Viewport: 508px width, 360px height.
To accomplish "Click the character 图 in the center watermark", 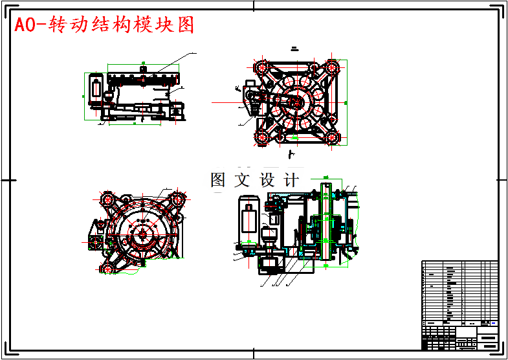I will pyautogui.click(x=218, y=180).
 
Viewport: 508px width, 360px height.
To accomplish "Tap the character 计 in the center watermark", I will pyautogui.click(x=292, y=180).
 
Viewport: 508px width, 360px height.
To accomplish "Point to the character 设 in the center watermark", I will pyautogui.click(x=267, y=180).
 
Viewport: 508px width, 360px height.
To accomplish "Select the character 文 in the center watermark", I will pyautogui.click(x=242, y=180).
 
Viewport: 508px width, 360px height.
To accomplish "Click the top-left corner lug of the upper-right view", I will pyautogui.click(x=261, y=67).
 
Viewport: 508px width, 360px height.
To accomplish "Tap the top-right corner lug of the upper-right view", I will pyautogui.click(x=333, y=67).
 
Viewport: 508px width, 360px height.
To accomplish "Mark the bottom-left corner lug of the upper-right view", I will pyautogui.click(x=261, y=137).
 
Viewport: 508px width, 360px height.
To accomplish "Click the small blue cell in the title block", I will pyautogui.click(x=494, y=323).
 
